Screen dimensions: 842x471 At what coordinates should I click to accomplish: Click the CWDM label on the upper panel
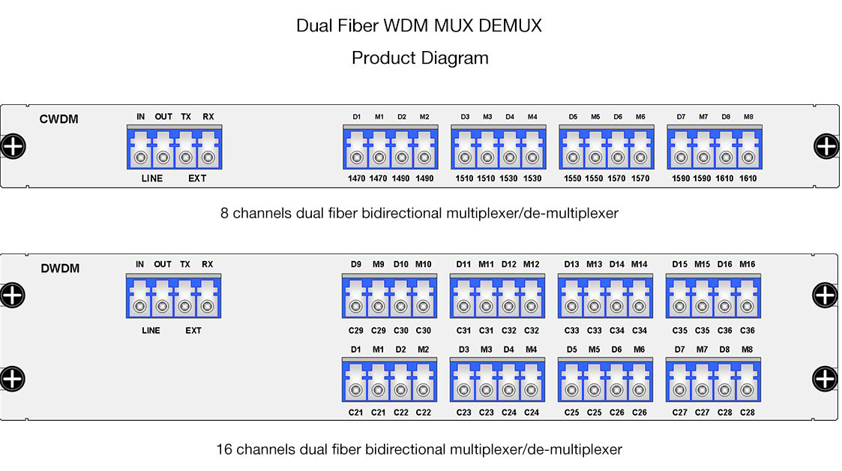pyautogui.click(x=58, y=119)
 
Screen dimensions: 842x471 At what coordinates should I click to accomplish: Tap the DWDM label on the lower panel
pyautogui.click(x=60, y=268)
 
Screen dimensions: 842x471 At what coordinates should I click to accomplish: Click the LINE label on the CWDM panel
pyautogui.click(x=152, y=178)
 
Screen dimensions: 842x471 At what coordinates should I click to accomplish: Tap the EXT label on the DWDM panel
pyautogui.click(x=193, y=331)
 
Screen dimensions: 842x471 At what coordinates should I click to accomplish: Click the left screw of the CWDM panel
pyautogui.click(x=13, y=146)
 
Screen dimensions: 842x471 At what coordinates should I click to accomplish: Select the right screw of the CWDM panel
pyautogui.click(x=826, y=146)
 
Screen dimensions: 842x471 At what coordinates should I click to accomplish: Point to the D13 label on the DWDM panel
pyautogui.click(x=571, y=264)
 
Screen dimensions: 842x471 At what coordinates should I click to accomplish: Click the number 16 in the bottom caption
pyautogui.click(x=224, y=449)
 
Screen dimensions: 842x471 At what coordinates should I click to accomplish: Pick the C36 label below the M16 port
pyautogui.click(x=748, y=331)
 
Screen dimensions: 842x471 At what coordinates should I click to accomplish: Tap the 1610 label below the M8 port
pyautogui.click(x=748, y=178)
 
